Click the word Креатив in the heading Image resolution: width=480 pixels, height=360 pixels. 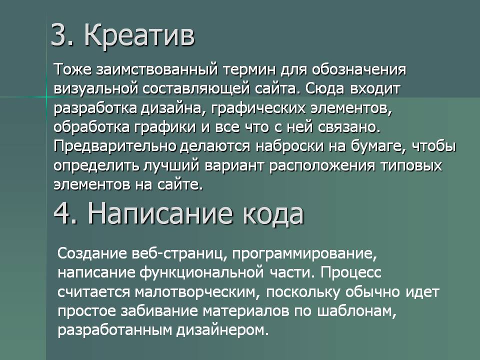139,35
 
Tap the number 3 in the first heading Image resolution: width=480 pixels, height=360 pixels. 59,35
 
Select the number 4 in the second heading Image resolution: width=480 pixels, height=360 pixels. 63,213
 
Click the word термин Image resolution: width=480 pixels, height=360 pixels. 249,70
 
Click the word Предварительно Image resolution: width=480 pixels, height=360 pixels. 115,146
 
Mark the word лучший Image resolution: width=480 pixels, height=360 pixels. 171,165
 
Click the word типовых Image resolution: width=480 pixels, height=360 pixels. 411,165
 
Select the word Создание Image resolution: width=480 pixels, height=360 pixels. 92,253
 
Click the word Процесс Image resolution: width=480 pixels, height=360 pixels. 351,272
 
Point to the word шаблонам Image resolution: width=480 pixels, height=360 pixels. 357,311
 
